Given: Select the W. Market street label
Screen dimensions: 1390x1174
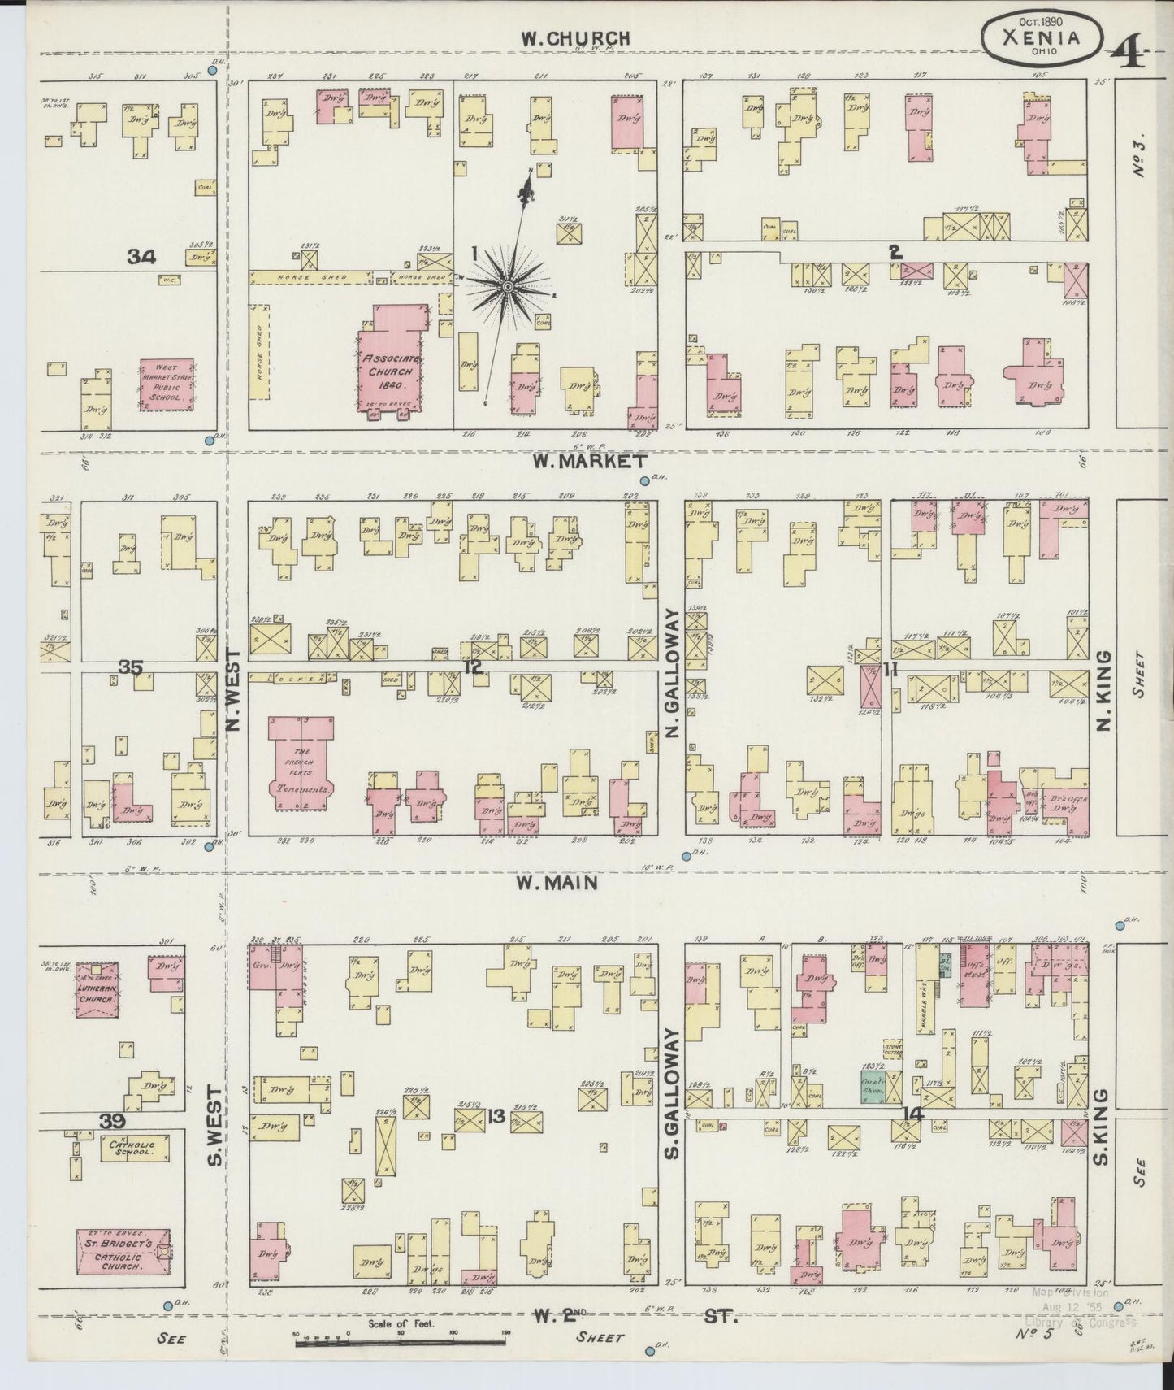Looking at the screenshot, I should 571,462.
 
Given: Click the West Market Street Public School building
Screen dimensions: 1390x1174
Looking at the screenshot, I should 167,385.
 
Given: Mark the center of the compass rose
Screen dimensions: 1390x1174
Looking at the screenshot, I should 507,286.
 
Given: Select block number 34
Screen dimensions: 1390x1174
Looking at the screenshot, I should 141,257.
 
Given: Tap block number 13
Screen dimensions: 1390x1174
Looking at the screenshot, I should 496,1116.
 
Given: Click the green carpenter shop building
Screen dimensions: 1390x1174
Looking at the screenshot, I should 873,1086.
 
